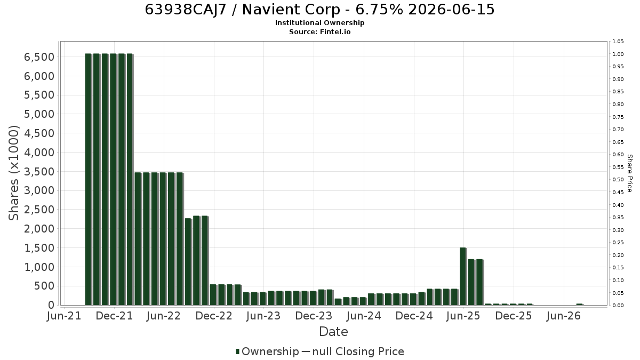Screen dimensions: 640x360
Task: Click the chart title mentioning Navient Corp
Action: [319, 10]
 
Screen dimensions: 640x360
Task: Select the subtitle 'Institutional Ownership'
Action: [319, 23]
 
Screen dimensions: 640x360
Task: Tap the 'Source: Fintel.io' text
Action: [319, 31]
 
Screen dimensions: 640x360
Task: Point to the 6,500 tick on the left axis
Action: [39, 57]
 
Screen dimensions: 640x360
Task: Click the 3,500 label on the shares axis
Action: [39, 172]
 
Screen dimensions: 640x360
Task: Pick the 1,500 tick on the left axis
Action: [39, 248]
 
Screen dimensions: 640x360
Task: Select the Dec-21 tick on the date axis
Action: [114, 316]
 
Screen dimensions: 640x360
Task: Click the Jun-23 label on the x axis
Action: [263, 316]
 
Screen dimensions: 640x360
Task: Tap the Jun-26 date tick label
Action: [564, 316]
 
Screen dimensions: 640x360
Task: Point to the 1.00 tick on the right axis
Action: [618, 54]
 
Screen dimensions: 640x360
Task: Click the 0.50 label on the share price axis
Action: [618, 180]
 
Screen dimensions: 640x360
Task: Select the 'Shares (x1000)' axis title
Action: [14, 173]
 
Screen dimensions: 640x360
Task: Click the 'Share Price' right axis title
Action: [629, 173]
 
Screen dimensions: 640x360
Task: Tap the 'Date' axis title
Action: [333, 332]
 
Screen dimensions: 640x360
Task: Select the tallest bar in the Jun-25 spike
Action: [463, 277]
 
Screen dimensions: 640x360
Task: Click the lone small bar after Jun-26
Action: [580, 305]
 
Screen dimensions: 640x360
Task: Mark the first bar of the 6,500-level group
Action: [89, 179]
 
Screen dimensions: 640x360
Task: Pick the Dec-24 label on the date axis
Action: [414, 316]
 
